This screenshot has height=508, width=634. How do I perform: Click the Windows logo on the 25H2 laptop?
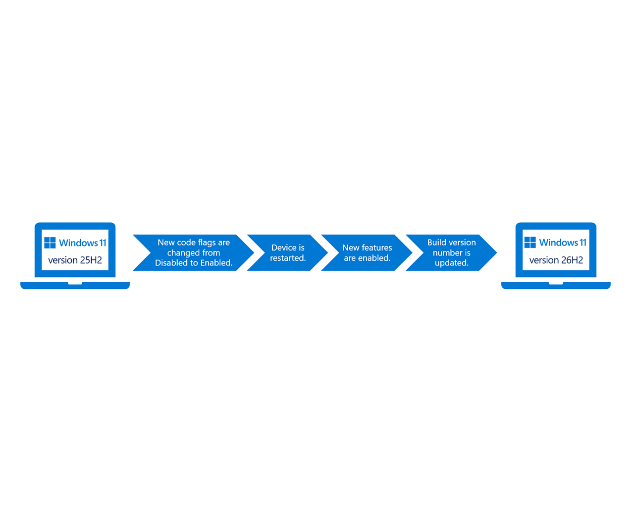50,243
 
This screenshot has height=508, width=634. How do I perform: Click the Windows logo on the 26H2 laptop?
530,242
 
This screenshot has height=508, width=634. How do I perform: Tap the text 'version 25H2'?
75,260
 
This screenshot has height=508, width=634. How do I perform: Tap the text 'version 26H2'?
556,260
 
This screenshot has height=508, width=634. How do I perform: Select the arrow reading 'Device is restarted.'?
288,253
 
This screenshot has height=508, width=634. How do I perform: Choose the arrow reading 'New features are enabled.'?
367,253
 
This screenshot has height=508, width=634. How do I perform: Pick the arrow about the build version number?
451,253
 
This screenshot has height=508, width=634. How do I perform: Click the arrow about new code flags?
193,253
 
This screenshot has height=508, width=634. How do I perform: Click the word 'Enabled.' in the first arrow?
216,263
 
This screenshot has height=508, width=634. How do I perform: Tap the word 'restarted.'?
288,258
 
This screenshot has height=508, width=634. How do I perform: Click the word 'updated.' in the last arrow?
452,263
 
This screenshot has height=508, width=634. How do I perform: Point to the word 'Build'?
435,242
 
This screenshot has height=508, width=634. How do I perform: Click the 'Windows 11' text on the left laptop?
83,243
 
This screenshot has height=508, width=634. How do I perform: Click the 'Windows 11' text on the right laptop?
563,242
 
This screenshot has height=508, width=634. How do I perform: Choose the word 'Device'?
281,248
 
